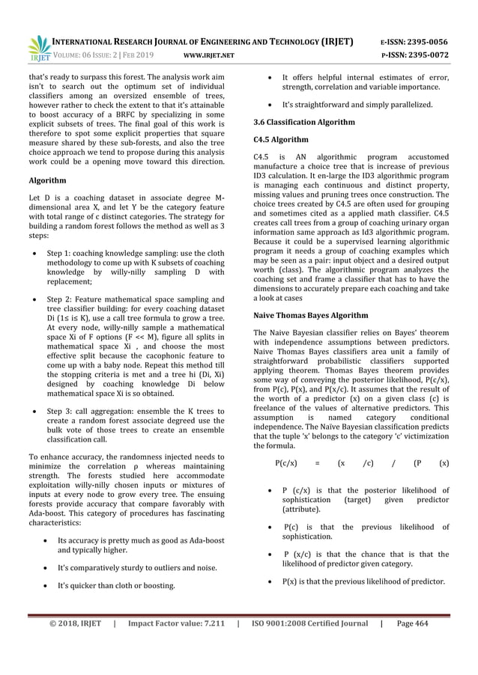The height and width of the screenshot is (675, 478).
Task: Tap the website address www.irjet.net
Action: (x=209, y=55)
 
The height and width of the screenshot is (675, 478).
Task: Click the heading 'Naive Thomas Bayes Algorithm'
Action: (x=311, y=315)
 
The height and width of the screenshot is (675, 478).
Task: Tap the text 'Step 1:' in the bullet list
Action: (x=61, y=254)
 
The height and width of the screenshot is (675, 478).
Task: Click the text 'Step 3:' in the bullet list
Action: (x=61, y=410)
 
